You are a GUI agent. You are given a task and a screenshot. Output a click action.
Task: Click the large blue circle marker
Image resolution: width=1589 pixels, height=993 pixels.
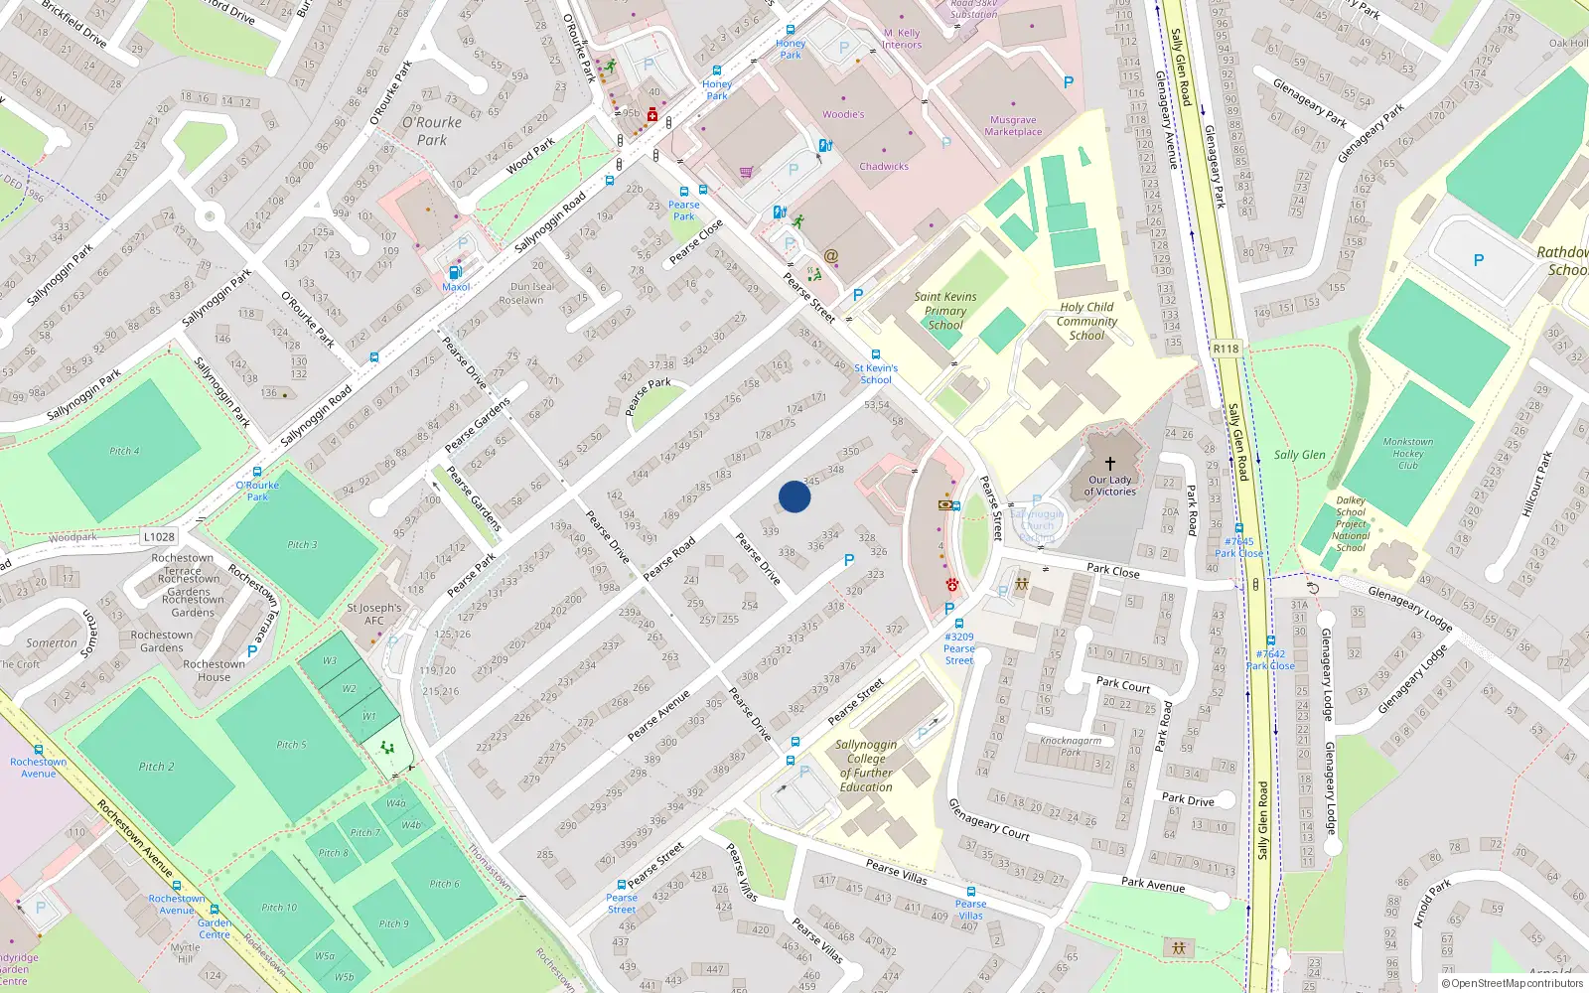pyautogui.click(x=794, y=496)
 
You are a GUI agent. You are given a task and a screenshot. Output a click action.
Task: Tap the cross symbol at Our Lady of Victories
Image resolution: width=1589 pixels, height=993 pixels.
pyautogui.click(x=1110, y=464)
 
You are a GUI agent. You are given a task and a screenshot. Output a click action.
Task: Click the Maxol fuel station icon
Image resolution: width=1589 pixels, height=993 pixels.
pyautogui.click(x=456, y=272)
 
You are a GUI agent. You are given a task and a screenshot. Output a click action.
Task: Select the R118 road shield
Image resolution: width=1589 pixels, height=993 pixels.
pyautogui.click(x=1226, y=349)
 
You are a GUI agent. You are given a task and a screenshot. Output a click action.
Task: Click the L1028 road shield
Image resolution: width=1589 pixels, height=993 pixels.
pyautogui.click(x=159, y=536)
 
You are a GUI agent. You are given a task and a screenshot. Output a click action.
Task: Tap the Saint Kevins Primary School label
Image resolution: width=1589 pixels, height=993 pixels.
pyautogui.click(x=945, y=310)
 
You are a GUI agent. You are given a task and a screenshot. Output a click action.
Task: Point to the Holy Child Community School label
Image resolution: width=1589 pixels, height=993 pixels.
pyautogui.click(x=1086, y=321)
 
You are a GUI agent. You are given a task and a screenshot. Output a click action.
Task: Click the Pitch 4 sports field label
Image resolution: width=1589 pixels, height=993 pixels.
pyautogui.click(x=124, y=451)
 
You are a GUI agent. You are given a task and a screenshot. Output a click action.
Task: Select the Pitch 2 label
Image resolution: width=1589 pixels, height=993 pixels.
pyautogui.click(x=156, y=767)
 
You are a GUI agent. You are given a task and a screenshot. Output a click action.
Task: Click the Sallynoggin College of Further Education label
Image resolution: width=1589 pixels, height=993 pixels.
pyautogui.click(x=866, y=766)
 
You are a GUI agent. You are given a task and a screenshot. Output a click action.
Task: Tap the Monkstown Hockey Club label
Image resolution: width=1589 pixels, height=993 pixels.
pyautogui.click(x=1408, y=453)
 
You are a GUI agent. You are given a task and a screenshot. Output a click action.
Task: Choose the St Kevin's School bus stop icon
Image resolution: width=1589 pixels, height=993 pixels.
pyautogui.click(x=875, y=355)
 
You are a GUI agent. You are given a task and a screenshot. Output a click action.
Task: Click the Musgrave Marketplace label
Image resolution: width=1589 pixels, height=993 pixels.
pyautogui.click(x=1013, y=125)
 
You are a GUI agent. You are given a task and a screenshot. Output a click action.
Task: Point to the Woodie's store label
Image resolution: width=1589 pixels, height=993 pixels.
pyautogui.click(x=843, y=114)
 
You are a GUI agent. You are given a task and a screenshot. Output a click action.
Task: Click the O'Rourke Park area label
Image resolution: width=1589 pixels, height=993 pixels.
pyautogui.click(x=432, y=130)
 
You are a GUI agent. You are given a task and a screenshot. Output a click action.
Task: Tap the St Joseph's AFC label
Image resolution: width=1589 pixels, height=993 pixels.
pyautogui.click(x=374, y=614)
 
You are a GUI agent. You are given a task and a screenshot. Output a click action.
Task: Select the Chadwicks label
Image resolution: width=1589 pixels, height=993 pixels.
pyautogui.click(x=884, y=166)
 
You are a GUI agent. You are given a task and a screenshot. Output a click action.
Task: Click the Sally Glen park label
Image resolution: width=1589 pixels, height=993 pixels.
pyautogui.click(x=1299, y=455)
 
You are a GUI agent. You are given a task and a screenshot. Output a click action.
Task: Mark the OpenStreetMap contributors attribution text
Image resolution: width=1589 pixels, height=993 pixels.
pyautogui.click(x=1512, y=983)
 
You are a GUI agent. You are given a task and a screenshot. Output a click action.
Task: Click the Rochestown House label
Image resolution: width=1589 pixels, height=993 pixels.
pyautogui.click(x=214, y=670)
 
